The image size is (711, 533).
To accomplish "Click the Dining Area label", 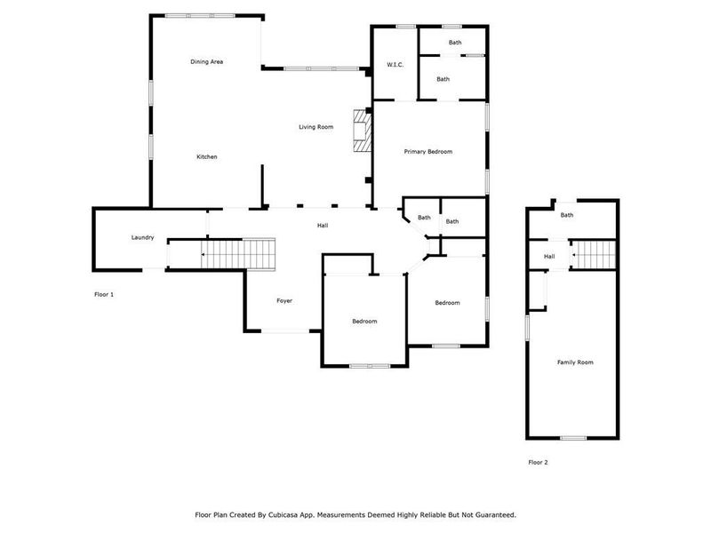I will point(206,62).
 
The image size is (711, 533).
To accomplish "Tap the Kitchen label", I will point(206,157).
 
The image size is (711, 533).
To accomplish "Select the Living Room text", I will point(316,128).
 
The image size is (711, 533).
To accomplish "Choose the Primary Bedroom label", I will point(428,152).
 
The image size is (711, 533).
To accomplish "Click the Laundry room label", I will point(143,237).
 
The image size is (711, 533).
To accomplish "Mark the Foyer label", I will point(284,301).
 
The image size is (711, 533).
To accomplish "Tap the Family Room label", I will point(575,362).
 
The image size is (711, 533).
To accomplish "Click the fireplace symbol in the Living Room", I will point(361,131).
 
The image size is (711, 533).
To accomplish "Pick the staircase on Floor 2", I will point(594,256).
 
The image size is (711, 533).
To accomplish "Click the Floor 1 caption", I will point(104,294).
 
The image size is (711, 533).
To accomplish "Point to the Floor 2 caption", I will point(538,463).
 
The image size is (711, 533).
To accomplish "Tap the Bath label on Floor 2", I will point(567,215).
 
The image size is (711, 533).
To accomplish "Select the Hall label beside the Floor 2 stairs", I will point(549,257).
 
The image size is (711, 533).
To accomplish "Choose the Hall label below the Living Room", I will point(323,226).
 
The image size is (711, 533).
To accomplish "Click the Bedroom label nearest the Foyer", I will point(364,322).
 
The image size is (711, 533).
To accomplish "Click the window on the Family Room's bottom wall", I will point(572,437).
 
